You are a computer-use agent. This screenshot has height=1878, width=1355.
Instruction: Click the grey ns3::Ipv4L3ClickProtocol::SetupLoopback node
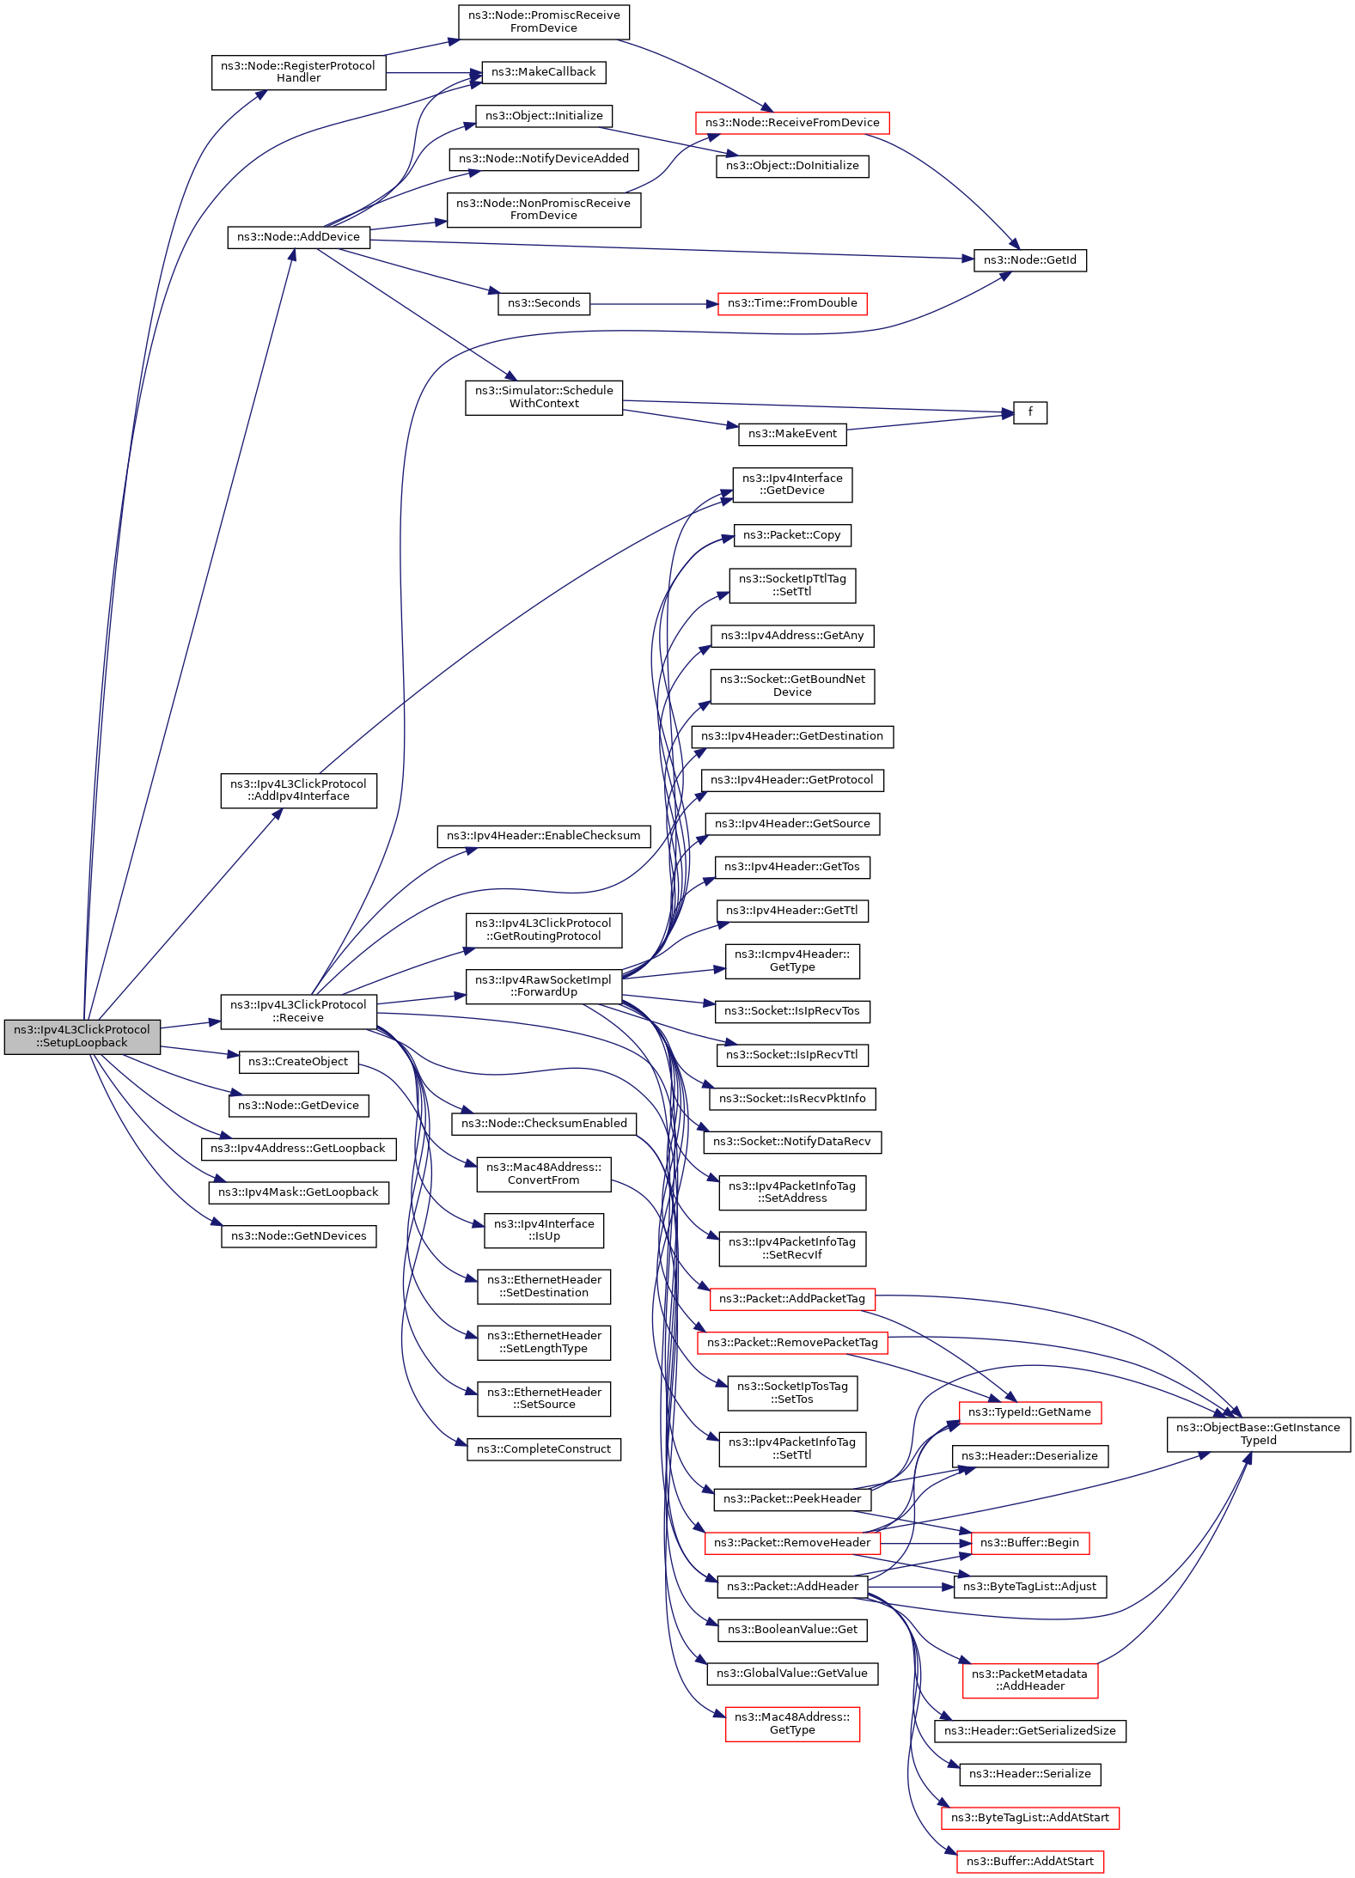(82, 1036)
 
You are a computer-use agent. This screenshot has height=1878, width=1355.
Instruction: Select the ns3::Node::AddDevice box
(298, 237)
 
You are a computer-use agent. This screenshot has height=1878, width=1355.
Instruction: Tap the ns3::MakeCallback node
(543, 72)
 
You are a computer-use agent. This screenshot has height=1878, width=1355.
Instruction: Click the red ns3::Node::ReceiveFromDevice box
(791, 123)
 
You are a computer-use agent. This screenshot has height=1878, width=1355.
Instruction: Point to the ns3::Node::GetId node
(1029, 260)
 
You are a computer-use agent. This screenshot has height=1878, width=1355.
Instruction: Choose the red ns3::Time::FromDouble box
(791, 303)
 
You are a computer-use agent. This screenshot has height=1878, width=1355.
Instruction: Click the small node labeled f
(1029, 412)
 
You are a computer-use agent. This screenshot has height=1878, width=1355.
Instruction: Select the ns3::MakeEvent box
(791, 434)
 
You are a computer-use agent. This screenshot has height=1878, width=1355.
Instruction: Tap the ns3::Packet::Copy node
(791, 535)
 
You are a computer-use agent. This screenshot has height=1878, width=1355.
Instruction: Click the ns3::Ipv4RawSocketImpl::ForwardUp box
(543, 986)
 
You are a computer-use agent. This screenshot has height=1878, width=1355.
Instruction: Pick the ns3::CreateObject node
(298, 1062)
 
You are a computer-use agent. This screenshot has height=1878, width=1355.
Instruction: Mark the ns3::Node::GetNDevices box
(298, 1236)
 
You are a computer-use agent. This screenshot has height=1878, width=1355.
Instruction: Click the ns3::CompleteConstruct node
(543, 1449)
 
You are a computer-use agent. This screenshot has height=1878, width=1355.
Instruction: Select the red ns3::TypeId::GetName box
(1029, 1412)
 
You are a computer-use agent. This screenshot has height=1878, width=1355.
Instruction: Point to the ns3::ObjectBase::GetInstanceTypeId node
(1258, 1434)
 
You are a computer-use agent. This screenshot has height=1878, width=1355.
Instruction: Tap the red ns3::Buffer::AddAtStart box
(1029, 1862)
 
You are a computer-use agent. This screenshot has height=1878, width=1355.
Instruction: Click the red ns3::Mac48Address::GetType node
(791, 1723)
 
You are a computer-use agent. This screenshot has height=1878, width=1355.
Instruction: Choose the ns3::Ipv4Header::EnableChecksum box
(543, 836)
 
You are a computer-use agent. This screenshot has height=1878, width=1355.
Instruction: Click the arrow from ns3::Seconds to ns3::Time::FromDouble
(653, 304)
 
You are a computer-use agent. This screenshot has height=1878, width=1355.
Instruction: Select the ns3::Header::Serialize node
(1029, 1774)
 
